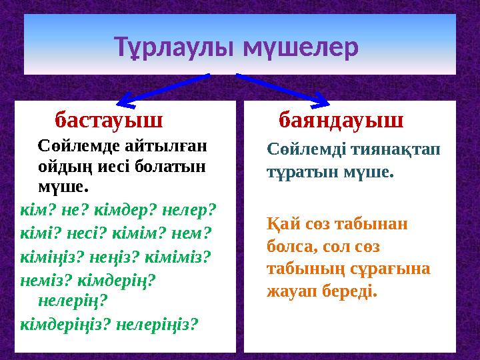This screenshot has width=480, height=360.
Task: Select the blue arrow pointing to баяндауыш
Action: (283, 89)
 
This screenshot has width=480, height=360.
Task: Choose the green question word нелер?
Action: (189, 209)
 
